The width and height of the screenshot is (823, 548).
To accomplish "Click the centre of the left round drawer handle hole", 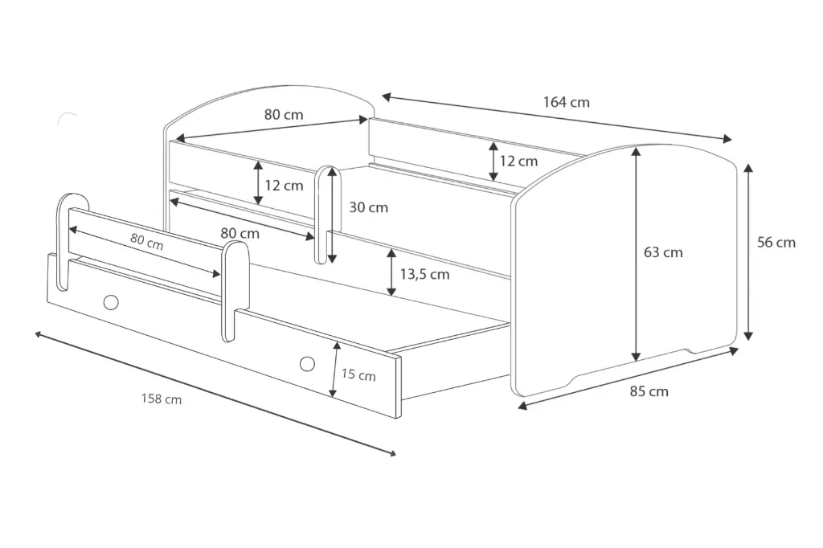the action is (x=111, y=302).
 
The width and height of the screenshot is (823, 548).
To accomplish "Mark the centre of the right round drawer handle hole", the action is (x=307, y=363).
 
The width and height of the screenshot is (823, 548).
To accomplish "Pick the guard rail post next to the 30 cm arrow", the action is (x=328, y=215).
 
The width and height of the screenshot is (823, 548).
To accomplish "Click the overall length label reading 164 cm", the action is (x=566, y=102).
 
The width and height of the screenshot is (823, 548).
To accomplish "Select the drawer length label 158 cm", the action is (x=161, y=399).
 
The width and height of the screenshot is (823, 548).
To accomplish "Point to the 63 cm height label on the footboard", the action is (x=663, y=252).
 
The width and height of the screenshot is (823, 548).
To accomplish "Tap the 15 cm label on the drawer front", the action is (x=358, y=374).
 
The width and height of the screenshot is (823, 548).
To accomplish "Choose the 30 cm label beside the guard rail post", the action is (x=368, y=207).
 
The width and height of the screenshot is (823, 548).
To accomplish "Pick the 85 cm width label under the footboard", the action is (x=649, y=391).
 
